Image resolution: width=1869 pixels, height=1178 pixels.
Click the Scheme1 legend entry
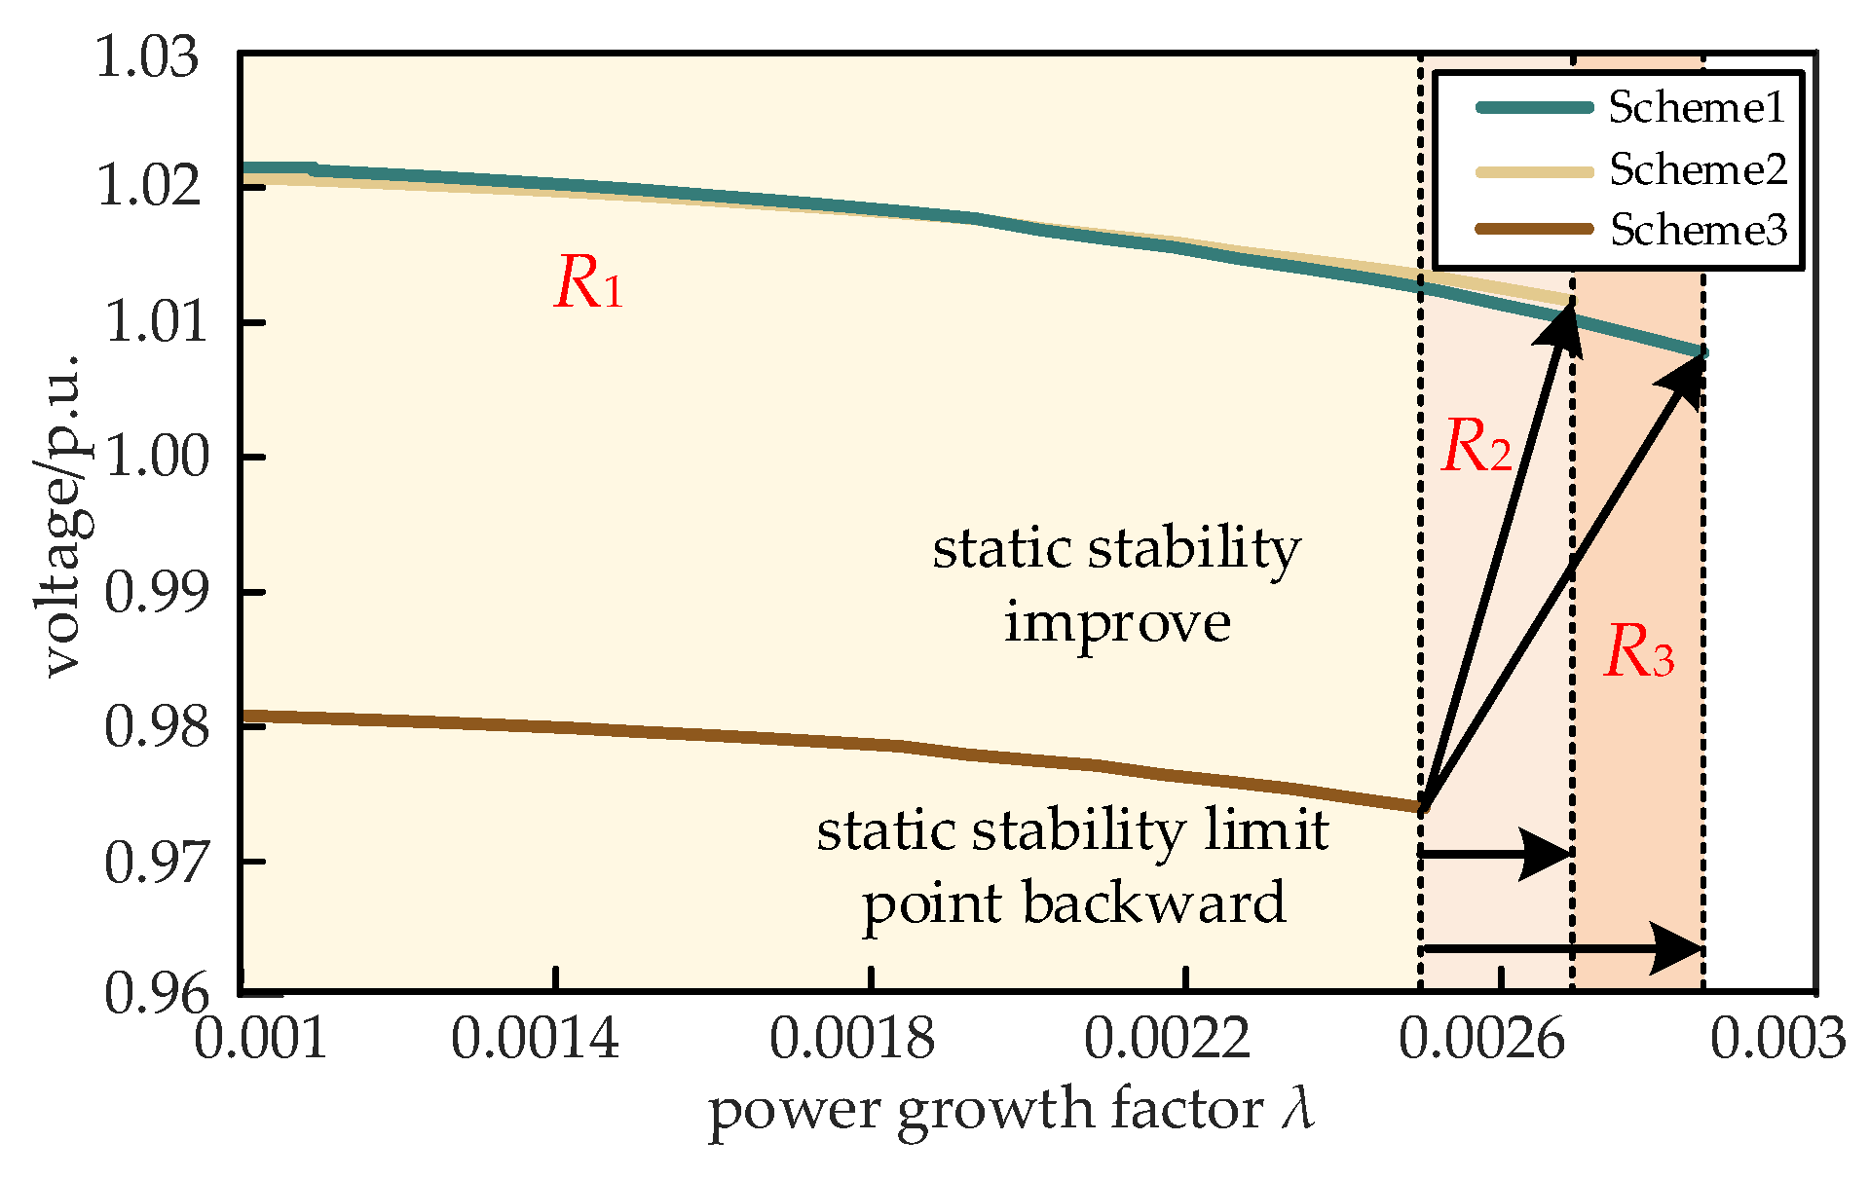tap(1696, 107)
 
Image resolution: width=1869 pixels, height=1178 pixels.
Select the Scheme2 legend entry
tap(1698, 169)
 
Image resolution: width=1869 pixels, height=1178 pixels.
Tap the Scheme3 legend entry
tap(1698, 230)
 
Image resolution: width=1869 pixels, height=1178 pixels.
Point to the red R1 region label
tap(588, 284)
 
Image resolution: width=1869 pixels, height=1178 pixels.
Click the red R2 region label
tap(1476, 447)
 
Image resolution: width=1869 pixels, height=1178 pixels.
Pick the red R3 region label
tap(1638, 651)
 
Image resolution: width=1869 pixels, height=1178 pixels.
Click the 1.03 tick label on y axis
tap(147, 58)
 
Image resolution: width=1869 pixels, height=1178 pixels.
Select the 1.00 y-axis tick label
tap(157, 457)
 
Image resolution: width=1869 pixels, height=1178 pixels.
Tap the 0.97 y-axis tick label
tap(157, 862)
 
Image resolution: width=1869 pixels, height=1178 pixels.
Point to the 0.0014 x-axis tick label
tap(535, 1039)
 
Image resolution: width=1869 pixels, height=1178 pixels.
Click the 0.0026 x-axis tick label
tap(1481, 1039)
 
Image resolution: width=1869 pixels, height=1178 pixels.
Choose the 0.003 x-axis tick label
tap(1777, 1039)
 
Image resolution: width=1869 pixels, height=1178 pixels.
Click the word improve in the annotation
tap(1117, 622)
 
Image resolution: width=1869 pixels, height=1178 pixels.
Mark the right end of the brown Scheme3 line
tap(1421, 807)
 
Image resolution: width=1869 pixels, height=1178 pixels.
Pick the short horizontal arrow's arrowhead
tap(1546, 855)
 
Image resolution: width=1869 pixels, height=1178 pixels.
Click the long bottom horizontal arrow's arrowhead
tap(1677, 948)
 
